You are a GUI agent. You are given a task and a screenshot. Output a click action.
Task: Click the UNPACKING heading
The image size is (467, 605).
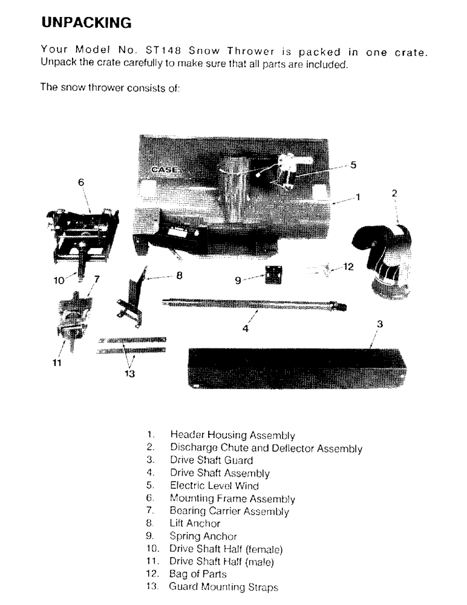pos(85,23)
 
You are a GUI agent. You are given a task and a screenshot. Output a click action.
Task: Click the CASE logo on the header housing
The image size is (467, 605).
pos(163,170)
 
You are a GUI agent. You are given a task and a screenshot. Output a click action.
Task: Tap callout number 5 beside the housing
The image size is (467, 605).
pos(353,164)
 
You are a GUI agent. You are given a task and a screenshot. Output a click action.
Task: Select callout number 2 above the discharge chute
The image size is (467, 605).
pos(394,194)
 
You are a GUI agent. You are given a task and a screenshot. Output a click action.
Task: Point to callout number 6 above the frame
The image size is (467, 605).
pos(81,181)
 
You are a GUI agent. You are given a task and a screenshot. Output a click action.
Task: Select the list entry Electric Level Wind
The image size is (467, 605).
pos(214,486)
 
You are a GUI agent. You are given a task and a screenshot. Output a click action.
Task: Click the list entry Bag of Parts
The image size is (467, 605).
pos(198,574)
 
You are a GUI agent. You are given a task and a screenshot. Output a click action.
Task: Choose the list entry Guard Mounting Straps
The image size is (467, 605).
pos(223,587)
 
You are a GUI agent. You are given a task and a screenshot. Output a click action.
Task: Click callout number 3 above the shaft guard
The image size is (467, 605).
pos(380,324)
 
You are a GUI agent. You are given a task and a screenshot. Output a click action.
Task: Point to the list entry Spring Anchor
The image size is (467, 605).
pos(203,536)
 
